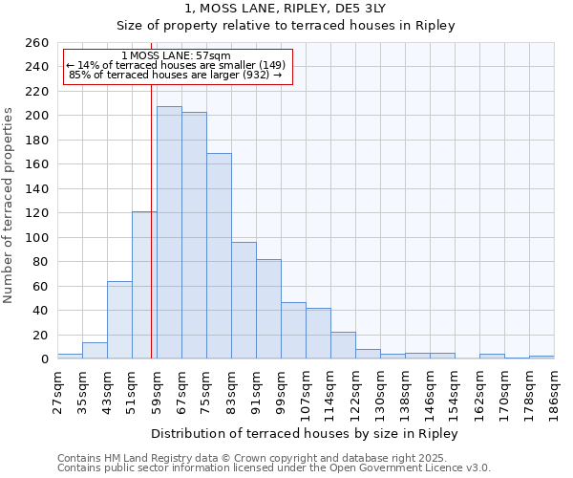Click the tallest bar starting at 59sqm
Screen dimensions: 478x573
coord(169,232)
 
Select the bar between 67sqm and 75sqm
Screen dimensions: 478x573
coord(194,235)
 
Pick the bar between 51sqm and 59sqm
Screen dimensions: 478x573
coord(144,285)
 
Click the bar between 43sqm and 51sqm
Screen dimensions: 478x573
coord(119,320)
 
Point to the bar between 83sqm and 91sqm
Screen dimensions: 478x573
coord(244,300)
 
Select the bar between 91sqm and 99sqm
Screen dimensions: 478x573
coord(268,309)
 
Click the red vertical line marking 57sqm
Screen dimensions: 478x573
coord(151,220)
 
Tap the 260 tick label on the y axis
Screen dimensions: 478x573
coord(36,43)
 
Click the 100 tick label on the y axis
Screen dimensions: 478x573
coord(36,238)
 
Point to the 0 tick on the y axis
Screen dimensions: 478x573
coord(45,359)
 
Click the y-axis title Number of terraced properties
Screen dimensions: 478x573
coord(10,205)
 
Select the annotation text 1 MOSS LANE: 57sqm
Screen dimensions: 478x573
coord(176,55)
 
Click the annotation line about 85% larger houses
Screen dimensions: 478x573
coord(176,75)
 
